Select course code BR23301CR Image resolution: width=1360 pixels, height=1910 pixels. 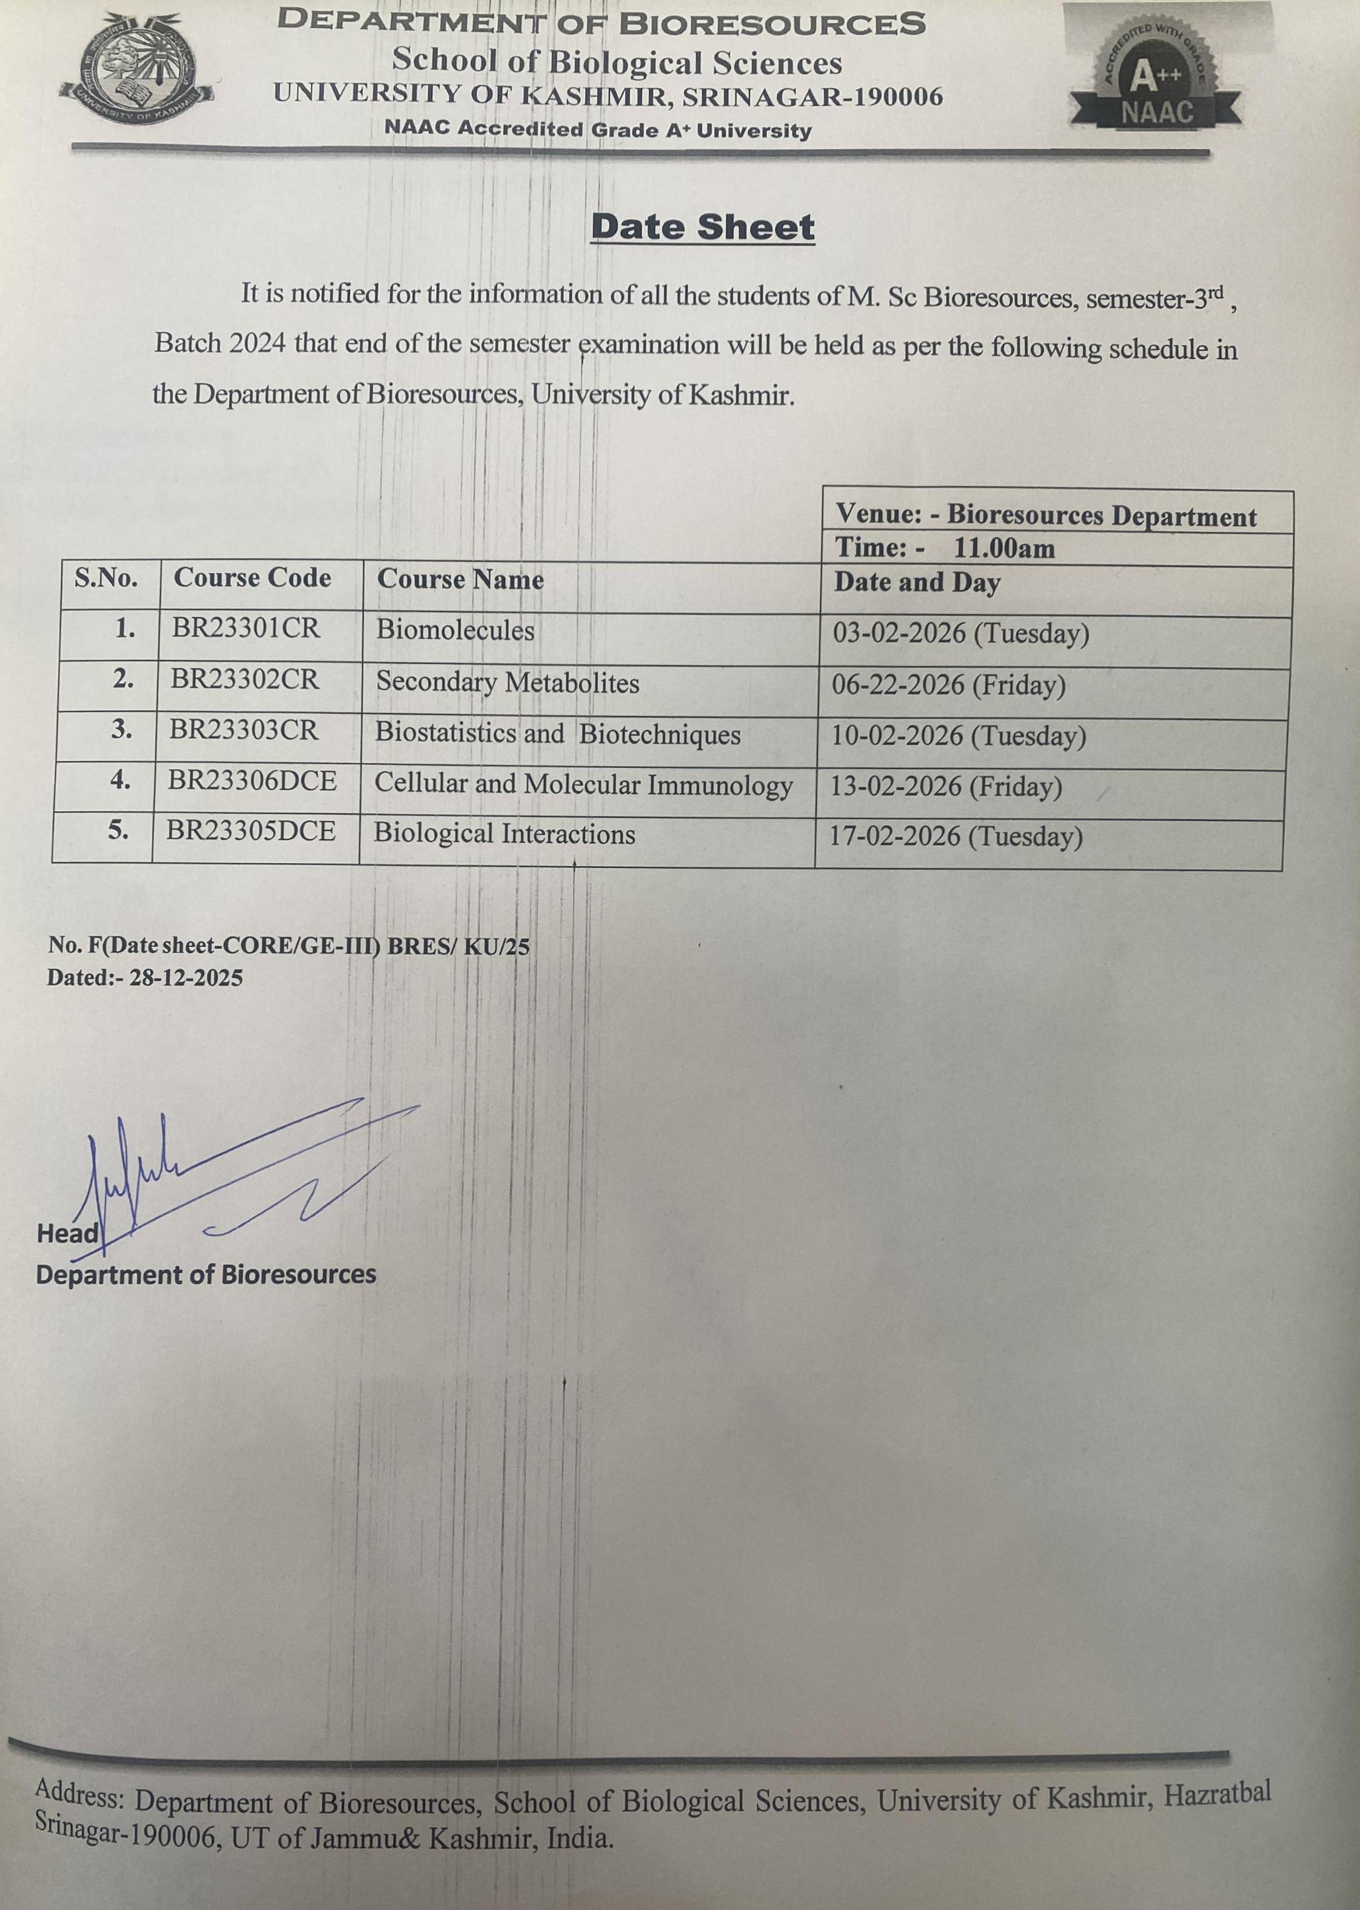coord(246,628)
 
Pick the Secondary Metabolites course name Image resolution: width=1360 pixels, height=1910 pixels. coord(507,683)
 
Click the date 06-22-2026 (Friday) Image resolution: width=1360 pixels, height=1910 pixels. coord(948,685)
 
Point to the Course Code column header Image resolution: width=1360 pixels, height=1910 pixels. coord(252,578)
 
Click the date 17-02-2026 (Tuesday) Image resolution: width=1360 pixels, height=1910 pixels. coord(956,836)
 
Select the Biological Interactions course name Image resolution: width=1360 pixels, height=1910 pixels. coord(504,833)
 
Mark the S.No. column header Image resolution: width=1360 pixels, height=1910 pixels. coord(106,578)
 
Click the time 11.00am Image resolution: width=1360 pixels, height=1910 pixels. coord(1004,549)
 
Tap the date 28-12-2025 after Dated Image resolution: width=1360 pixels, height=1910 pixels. coord(186,978)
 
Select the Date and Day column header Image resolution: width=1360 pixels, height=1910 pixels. coord(916,582)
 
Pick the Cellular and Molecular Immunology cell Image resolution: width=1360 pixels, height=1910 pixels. coord(583,784)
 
